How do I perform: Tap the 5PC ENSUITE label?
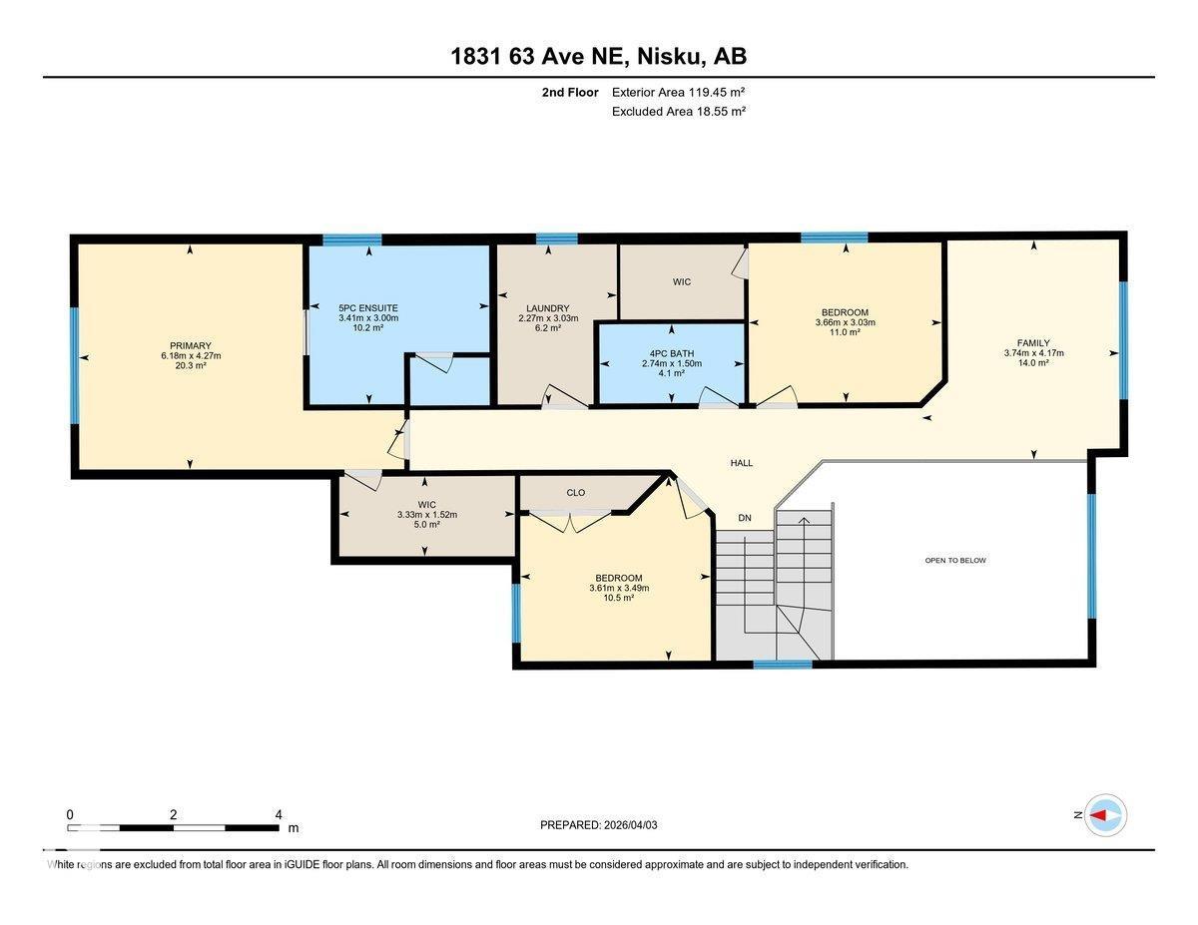pyautogui.click(x=368, y=307)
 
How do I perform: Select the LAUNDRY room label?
pyautogui.click(x=547, y=307)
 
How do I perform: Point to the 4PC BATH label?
pyautogui.click(x=671, y=352)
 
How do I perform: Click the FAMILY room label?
pyautogui.click(x=1033, y=342)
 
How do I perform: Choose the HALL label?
pyautogui.click(x=741, y=463)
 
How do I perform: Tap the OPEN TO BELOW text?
pyautogui.click(x=955, y=560)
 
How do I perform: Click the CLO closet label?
pyautogui.click(x=575, y=492)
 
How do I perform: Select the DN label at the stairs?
pyautogui.click(x=745, y=517)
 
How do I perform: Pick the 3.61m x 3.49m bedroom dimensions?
pyautogui.click(x=619, y=588)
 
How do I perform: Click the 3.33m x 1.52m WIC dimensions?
pyautogui.click(x=426, y=514)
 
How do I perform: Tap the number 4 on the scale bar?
pyautogui.click(x=278, y=814)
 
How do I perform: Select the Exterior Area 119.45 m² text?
pyautogui.click(x=678, y=92)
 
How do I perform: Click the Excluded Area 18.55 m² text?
pyautogui.click(x=678, y=112)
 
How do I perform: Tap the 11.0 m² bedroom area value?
pyautogui.click(x=846, y=332)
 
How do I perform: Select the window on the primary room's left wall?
pyautogui.click(x=75, y=365)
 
